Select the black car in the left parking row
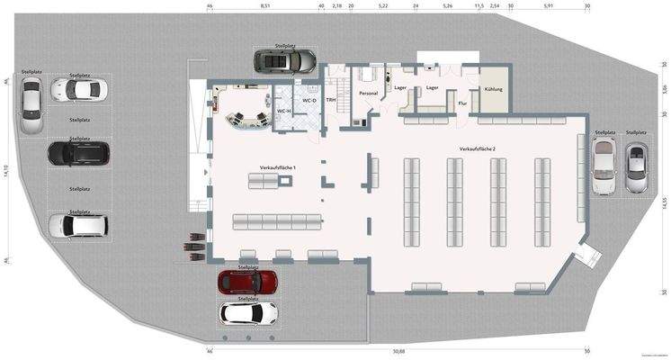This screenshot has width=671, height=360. pyautogui.click(x=76, y=154)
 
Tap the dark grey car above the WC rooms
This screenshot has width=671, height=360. pyautogui.click(x=284, y=61)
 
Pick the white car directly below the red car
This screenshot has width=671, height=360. pyautogui.click(x=247, y=313)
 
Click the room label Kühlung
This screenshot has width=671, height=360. pyautogui.click(x=493, y=89)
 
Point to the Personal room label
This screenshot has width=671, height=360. pyautogui.click(x=368, y=93)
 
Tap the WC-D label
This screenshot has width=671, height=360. pyautogui.click(x=309, y=101)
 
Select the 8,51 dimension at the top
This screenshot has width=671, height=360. pyautogui.click(x=265, y=5)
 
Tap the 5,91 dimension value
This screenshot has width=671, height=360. pyautogui.click(x=548, y=5)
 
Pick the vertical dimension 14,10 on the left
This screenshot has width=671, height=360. pyautogui.click(x=6, y=172)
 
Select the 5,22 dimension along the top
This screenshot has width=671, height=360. pyautogui.click(x=383, y=5)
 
